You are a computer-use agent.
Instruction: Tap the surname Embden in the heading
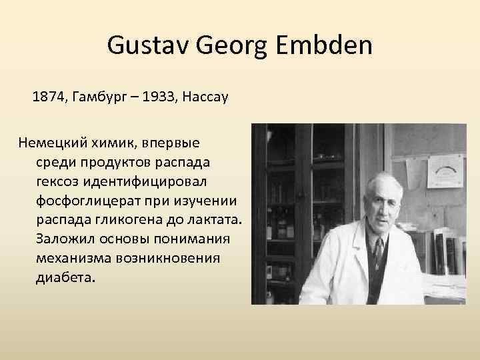[325, 47]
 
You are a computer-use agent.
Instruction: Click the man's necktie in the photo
[378, 253]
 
